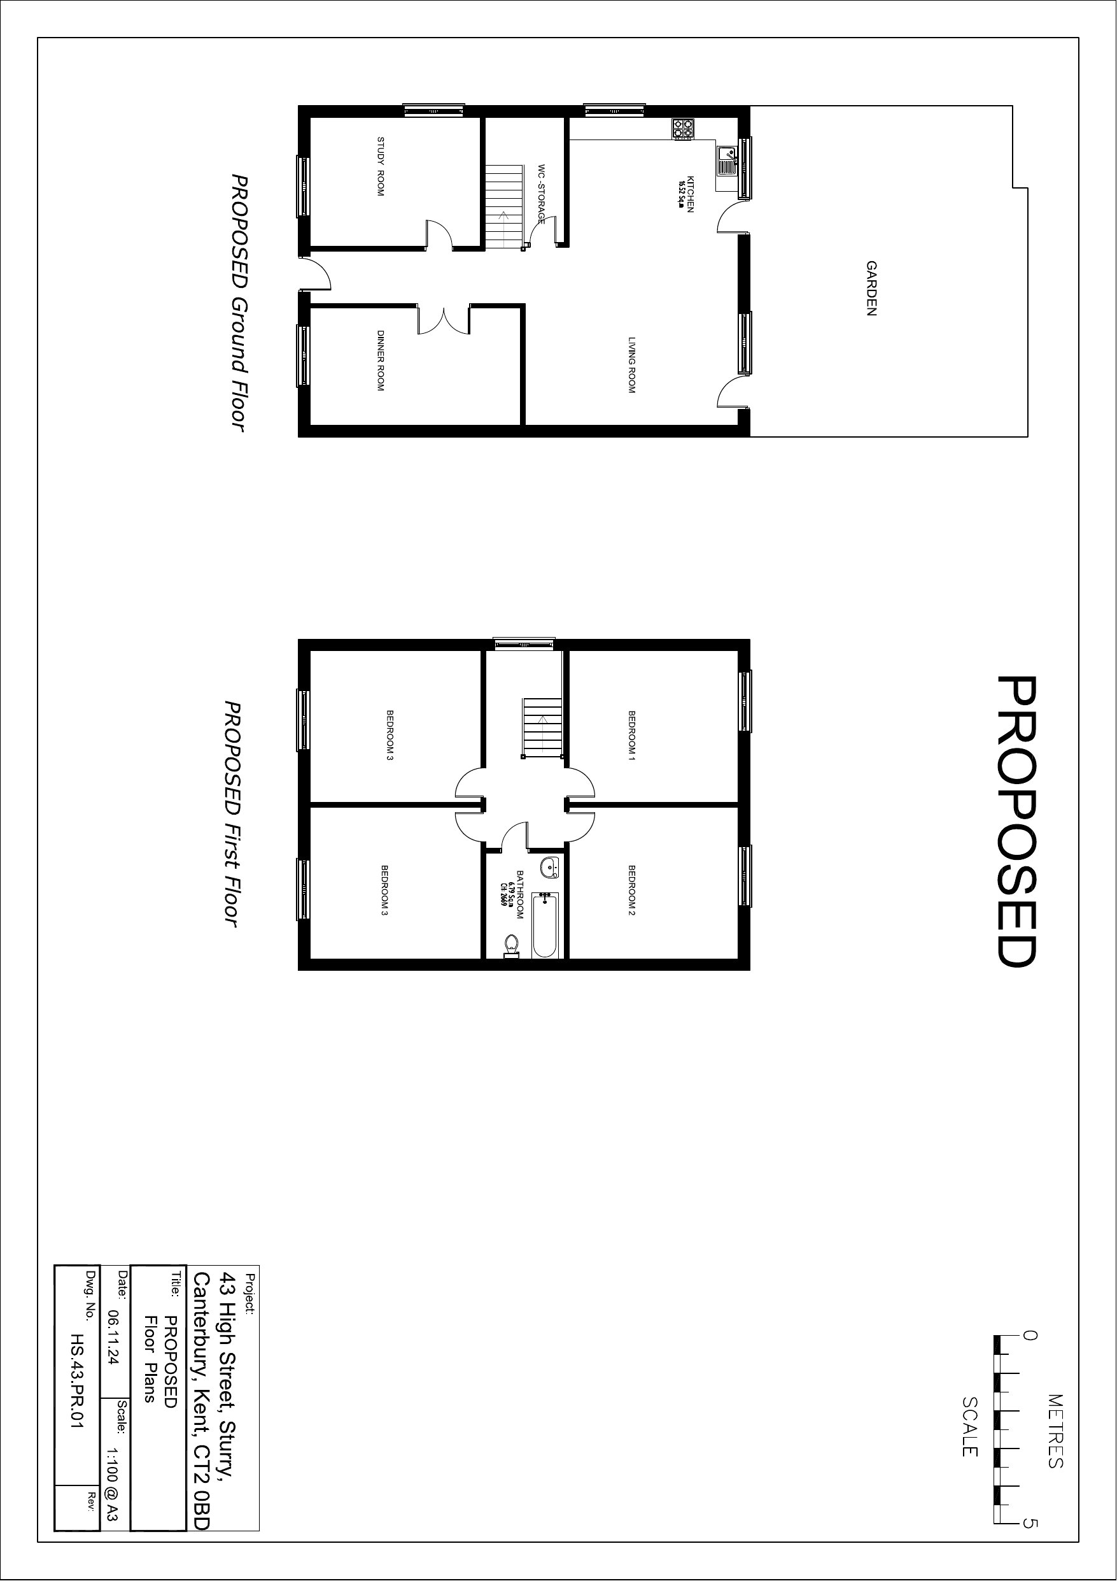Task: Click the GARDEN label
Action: pyautogui.click(x=871, y=288)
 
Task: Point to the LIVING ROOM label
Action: pyautogui.click(x=631, y=365)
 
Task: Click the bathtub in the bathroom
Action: pyautogui.click(x=545, y=924)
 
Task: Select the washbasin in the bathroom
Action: pyautogui.click(x=549, y=867)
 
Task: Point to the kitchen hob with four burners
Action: pyautogui.click(x=684, y=129)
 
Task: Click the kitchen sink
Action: pyautogui.click(x=726, y=161)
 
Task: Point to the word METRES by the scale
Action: pyautogui.click(x=1055, y=1431)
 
